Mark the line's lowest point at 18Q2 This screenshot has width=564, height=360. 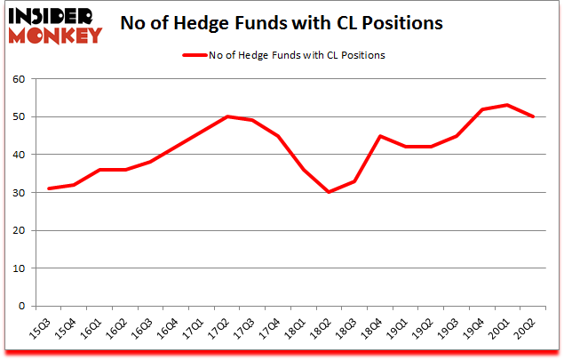tap(330, 192)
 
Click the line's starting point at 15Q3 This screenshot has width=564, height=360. tap(51, 188)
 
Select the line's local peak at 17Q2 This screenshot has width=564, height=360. tap(228, 116)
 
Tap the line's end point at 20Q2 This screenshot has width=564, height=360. tap(532, 116)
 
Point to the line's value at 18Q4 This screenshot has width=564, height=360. tap(380, 136)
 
